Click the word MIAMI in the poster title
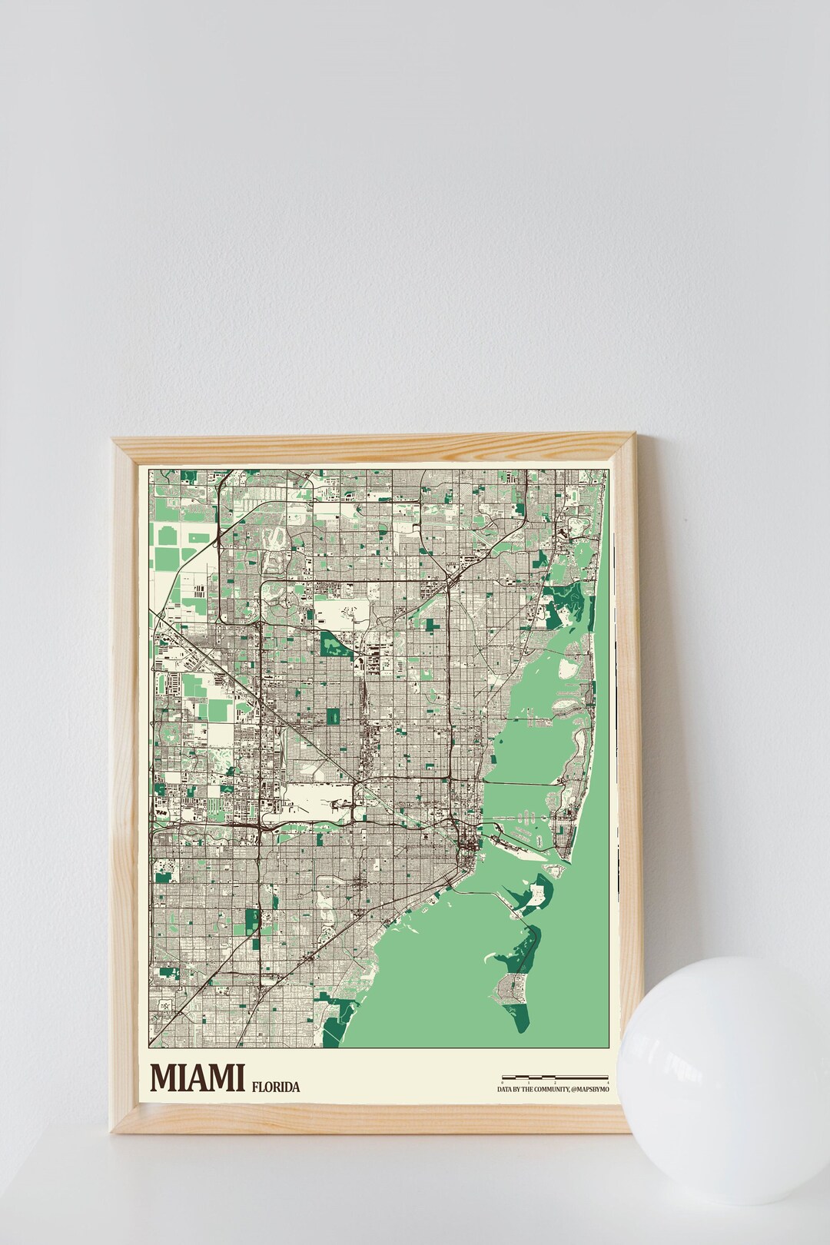pos(197,1077)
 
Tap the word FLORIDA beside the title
pos(275,1087)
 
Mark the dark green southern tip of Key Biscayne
pos(523,1018)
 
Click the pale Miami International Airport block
pos(319,799)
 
